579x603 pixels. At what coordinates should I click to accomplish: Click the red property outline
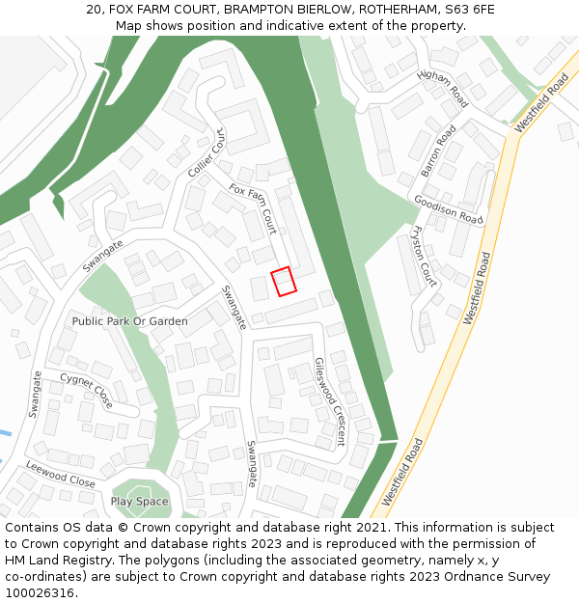click(283, 281)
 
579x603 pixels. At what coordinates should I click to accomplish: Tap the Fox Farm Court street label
click(253, 208)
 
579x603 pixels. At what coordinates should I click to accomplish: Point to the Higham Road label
click(443, 89)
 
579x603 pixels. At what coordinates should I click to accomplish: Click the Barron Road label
click(438, 151)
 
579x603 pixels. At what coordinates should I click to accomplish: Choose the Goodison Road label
click(448, 209)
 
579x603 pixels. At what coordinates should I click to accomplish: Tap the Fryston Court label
click(425, 257)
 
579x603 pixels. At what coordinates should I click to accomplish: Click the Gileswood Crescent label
click(330, 401)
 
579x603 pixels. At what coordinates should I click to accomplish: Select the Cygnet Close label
click(86, 390)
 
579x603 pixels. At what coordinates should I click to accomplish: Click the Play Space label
click(139, 502)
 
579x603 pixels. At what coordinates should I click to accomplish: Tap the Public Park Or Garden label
click(129, 320)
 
